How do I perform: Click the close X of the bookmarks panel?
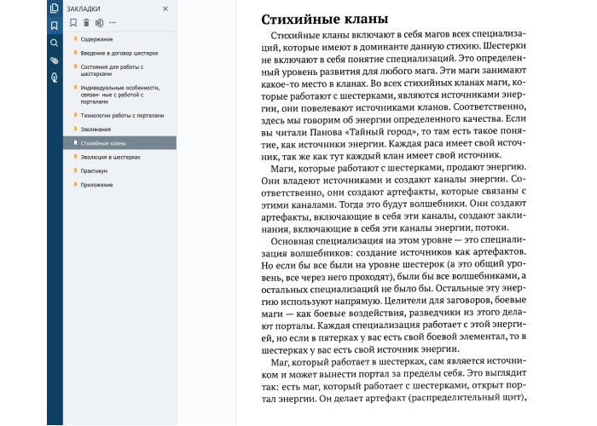[x=165, y=9]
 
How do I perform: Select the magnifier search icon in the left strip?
[x=55, y=43]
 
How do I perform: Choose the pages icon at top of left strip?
[x=55, y=9]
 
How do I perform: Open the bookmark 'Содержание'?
[x=99, y=40]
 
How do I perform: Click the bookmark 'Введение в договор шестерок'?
[x=119, y=53]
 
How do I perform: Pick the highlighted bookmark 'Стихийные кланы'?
[x=103, y=143]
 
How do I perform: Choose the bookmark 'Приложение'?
[x=98, y=185]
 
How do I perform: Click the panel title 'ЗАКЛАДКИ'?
[x=86, y=9]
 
